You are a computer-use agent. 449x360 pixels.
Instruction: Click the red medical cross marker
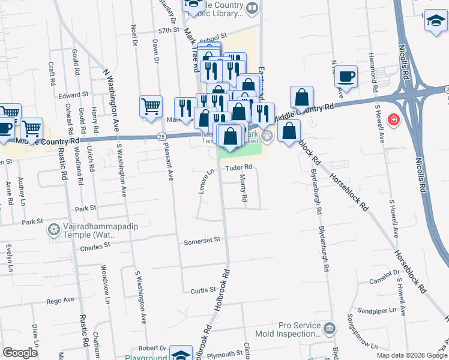coord(394,119)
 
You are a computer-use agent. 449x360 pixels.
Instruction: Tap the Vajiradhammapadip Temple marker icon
coord(54,229)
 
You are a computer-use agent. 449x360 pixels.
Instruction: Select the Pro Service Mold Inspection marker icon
coord(329,328)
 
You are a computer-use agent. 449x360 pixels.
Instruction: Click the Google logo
coord(20,353)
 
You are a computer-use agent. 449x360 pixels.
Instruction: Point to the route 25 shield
coord(161,137)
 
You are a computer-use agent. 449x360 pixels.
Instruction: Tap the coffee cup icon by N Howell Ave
coord(346,77)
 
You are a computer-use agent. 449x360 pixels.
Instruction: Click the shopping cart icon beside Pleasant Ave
coord(151,107)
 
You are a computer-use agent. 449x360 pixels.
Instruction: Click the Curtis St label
coord(203,290)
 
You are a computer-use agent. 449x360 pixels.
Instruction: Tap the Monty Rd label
coord(244,189)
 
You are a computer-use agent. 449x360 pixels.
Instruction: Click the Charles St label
coord(95,246)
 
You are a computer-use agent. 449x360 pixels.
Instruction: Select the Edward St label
coord(73,95)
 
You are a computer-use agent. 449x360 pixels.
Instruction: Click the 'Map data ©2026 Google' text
coord(411,355)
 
